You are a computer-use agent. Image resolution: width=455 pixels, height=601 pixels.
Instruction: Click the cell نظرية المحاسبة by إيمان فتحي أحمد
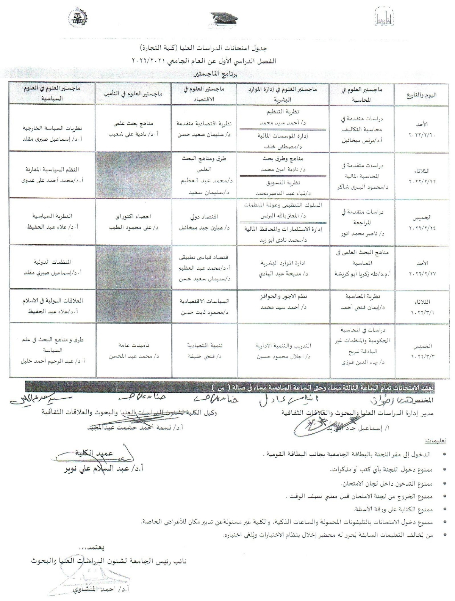coord(362,302)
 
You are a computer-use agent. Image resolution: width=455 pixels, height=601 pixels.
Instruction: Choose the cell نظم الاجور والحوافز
coord(283,302)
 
